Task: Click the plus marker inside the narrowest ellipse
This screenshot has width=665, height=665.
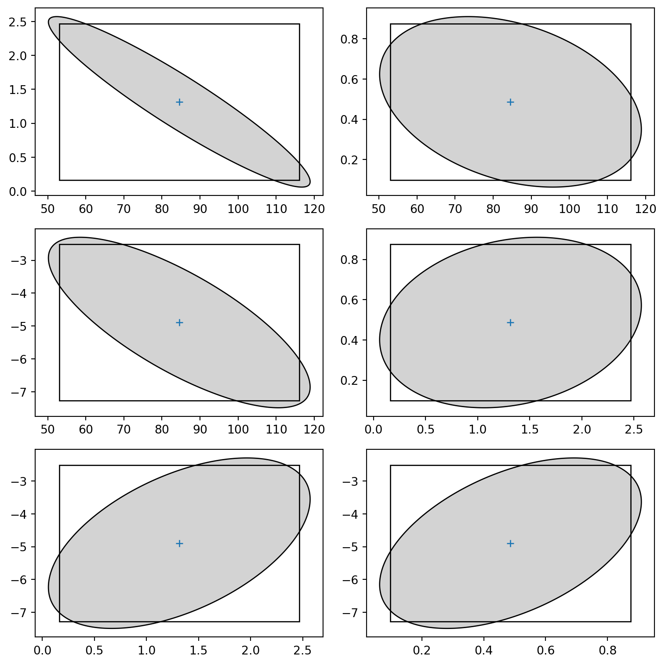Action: pyautogui.click(x=179, y=102)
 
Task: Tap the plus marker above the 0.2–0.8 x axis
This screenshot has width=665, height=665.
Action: pyautogui.click(x=510, y=543)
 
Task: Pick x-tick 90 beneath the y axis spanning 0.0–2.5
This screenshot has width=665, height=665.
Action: pyautogui.click(x=200, y=209)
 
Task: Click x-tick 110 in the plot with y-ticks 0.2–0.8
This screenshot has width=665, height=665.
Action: pyautogui.click(x=607, y=209)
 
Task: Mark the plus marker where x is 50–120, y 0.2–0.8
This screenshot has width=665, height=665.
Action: pyautogui.click(x=510, y=102)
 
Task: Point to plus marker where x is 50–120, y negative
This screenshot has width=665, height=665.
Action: pyautogui.click(x=179, y=323)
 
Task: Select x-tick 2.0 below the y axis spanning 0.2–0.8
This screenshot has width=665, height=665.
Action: pyautogui.click(x=582, y=429)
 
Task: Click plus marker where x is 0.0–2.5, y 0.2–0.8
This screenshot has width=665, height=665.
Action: pyautogui.click(x=510, y=323)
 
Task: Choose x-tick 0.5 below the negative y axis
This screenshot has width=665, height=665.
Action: pyautogui.click(x=94, y=650)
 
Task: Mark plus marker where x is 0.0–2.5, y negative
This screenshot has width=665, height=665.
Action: pyautogui.click(x=179, y=543)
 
